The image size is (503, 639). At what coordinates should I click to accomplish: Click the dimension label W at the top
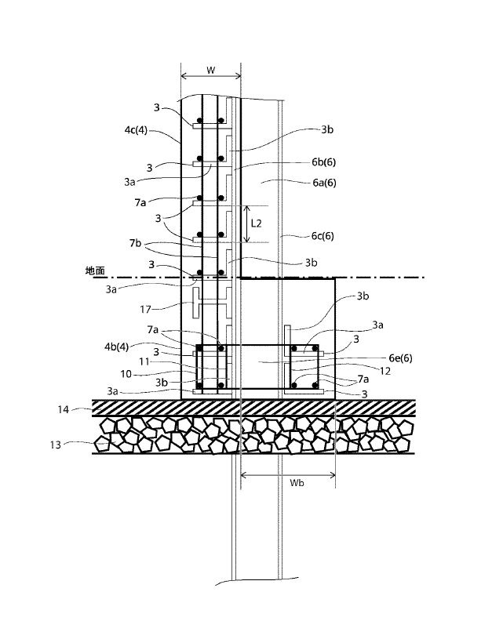point(210,70)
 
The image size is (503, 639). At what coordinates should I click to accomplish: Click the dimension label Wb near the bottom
point(297,483)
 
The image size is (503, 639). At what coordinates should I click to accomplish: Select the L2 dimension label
point(256,223)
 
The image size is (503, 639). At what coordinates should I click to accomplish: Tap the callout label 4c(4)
point(136,130)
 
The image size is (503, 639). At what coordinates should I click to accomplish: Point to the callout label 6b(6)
point(323,162)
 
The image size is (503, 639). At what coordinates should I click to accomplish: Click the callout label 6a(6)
point(324,183)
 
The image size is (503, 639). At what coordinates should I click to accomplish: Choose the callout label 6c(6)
point(323,236)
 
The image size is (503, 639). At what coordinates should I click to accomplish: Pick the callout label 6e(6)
point(400,358)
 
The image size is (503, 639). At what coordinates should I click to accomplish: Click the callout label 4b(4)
point(116,347)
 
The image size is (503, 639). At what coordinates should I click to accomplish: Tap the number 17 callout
point(145,310)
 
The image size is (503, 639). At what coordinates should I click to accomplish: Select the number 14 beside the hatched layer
point(63,409)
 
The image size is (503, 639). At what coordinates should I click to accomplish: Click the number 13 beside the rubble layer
point(56,445)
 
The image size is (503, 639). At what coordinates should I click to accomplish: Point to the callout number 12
point(385,372)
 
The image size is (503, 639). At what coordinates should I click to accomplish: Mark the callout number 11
point(144,361)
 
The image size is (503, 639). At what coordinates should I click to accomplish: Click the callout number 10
point(126,374)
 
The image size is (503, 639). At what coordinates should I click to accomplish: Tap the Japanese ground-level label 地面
point(95,270)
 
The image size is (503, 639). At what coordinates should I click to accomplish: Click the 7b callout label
point(136,243)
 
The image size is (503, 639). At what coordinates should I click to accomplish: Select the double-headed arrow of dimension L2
point(247,223)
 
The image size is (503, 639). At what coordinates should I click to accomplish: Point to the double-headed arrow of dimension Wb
point(288,475)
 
